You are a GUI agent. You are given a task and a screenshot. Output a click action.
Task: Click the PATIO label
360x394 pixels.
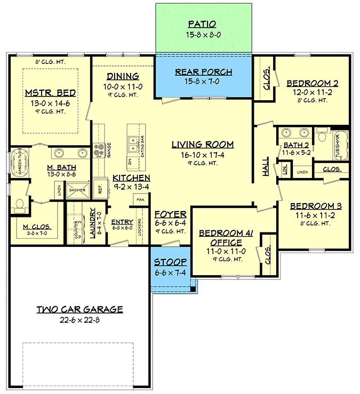point(202,24)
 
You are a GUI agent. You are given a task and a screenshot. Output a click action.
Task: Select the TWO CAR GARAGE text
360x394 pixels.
point(79,309)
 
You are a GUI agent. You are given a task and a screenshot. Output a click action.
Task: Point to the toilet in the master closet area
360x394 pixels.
point(20,204)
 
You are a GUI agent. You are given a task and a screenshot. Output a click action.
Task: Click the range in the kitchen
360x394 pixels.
point(99,151)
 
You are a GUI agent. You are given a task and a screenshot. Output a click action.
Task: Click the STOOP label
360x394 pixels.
point(170,262)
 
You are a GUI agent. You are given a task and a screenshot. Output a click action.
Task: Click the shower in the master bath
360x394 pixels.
point(78,190)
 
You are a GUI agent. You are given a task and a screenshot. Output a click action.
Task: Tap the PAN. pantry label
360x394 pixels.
point(141,199)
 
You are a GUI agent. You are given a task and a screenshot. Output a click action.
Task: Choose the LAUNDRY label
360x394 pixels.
point(92,223)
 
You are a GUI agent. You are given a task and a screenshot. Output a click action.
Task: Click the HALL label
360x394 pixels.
point(266,169)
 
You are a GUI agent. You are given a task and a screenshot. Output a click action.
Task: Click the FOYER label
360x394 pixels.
point(170,214)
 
